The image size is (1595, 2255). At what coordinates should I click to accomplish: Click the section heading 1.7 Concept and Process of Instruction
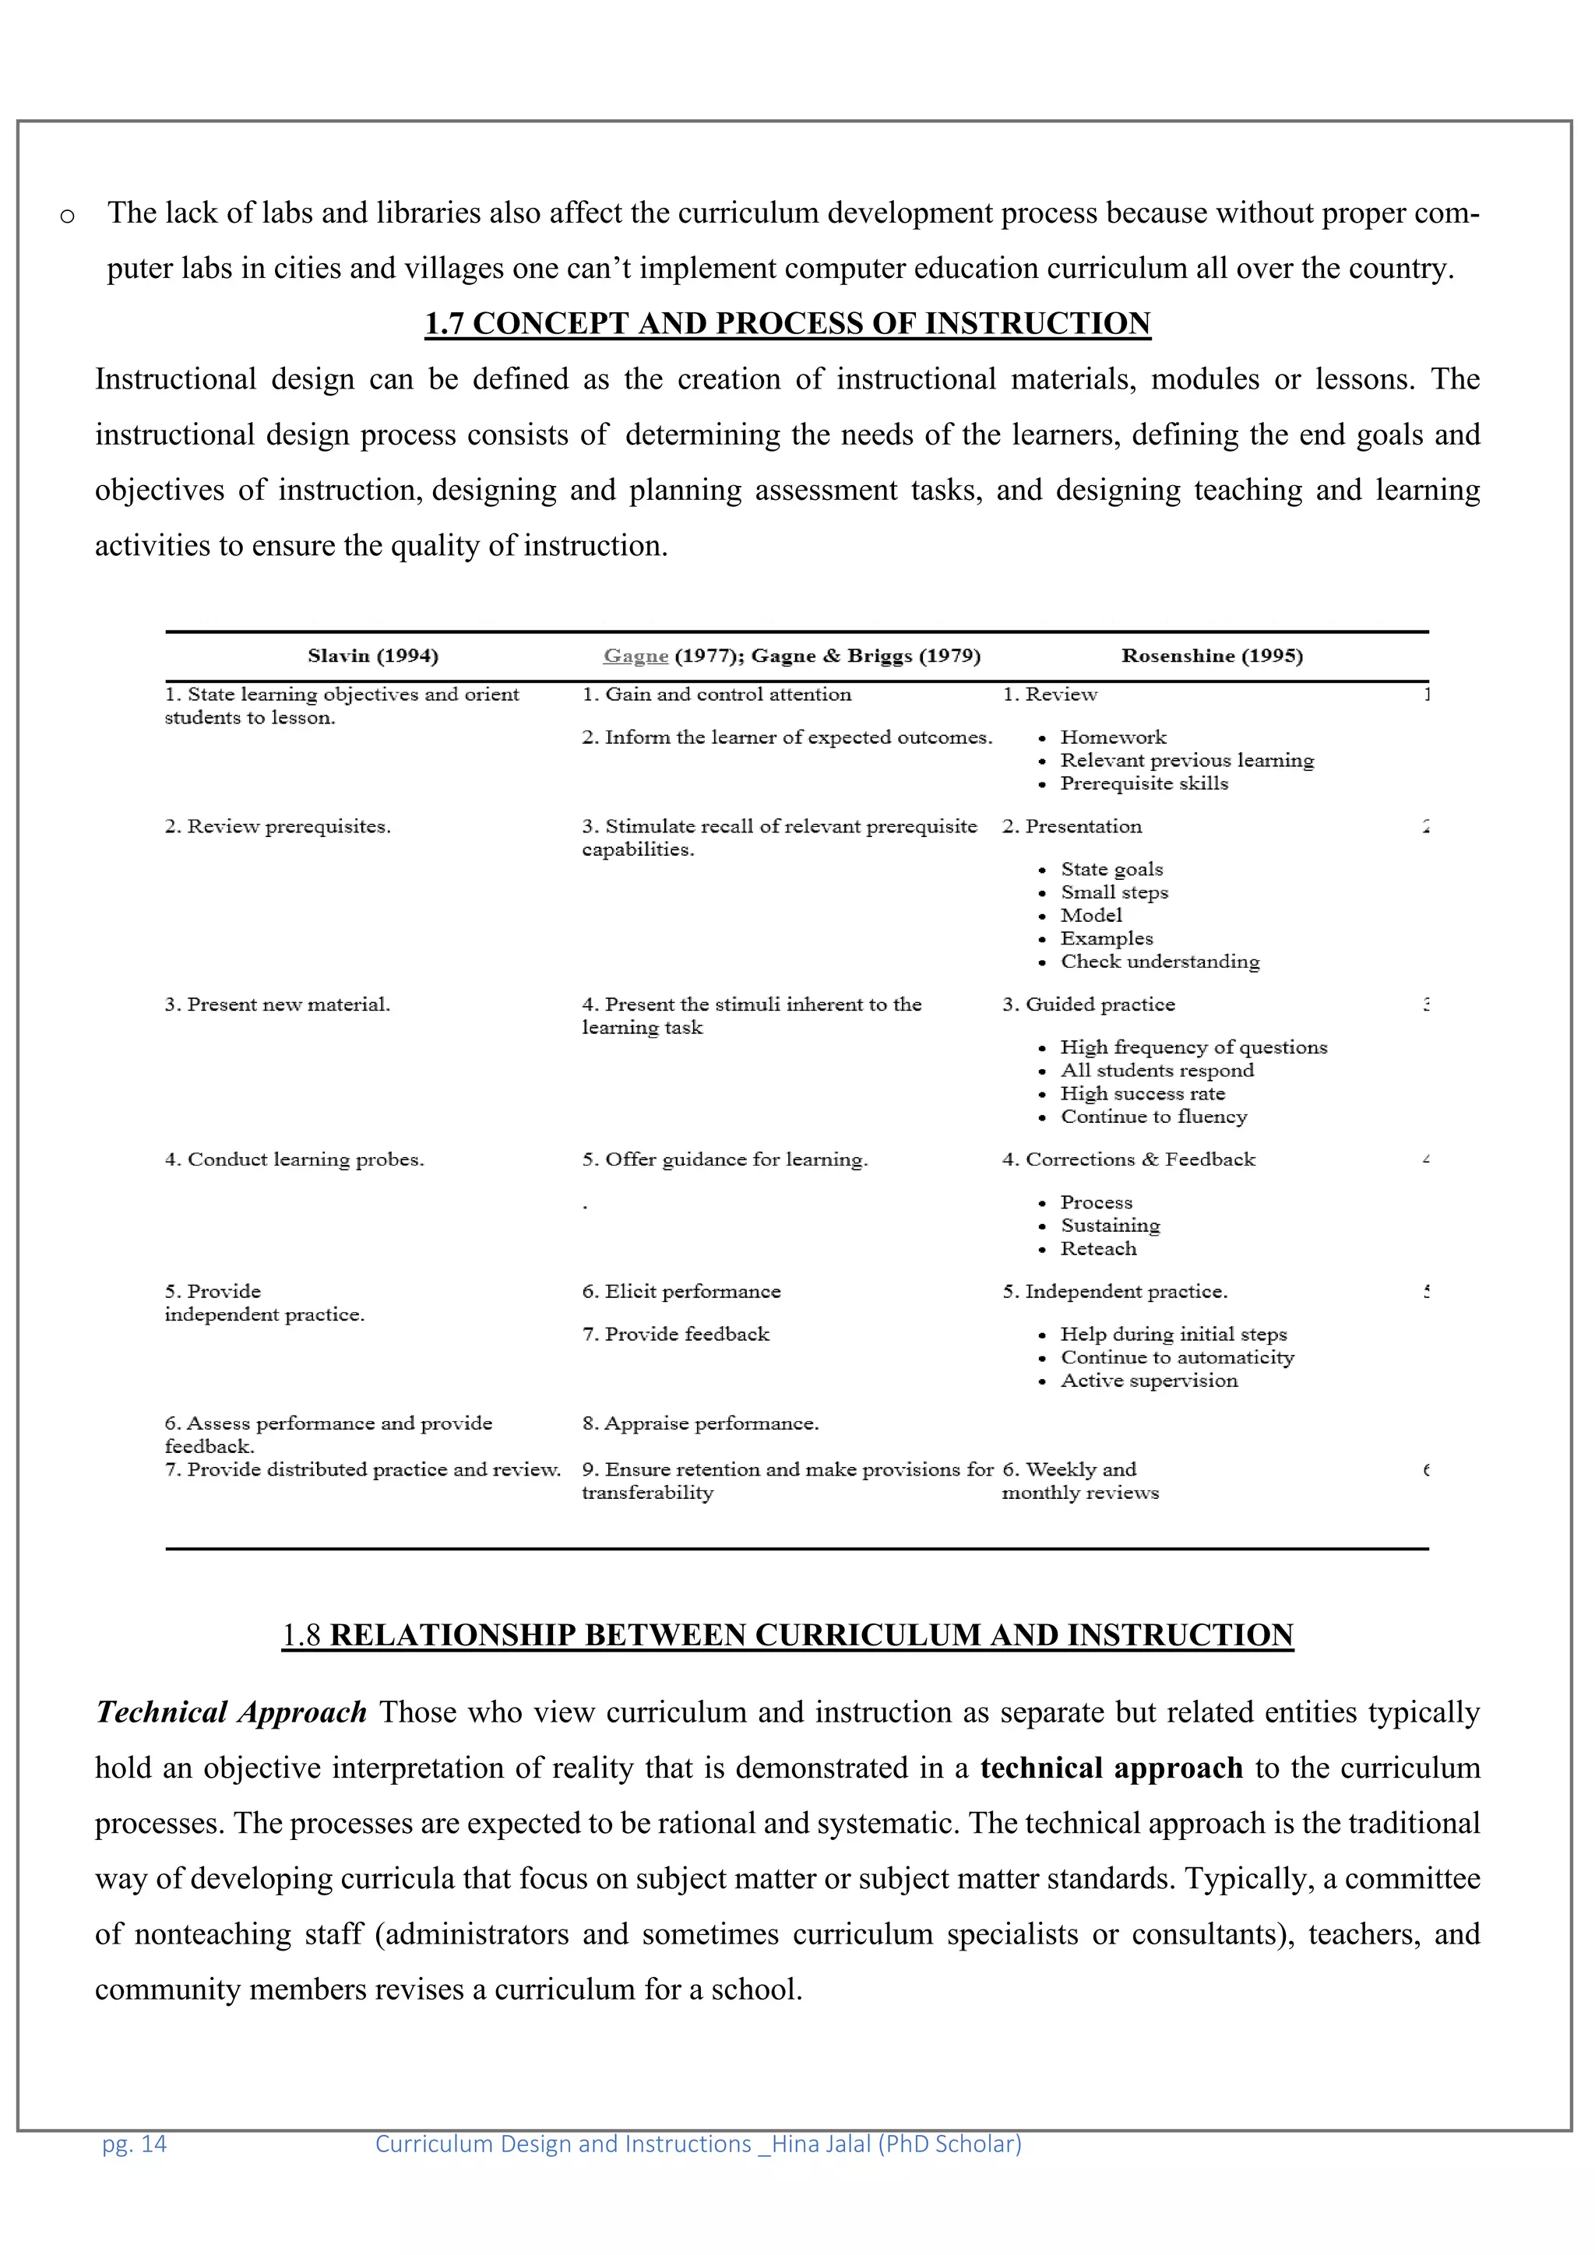pos(787,324)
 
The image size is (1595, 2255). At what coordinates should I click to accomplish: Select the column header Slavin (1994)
pos(372,656)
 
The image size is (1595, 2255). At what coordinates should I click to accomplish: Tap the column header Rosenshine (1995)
pos(1212,656)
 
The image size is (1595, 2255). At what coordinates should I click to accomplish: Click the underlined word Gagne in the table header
pos(636,656)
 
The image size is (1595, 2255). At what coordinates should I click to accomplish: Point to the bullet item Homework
pos(1113,737)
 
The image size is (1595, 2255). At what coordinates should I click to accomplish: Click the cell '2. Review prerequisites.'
pos(277,827)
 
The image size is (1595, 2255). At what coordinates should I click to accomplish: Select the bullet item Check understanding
pos(1159,962)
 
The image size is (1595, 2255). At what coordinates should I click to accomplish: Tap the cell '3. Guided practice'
pos(1087,1004)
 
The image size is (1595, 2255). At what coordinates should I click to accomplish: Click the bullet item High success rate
pos(1143,1094)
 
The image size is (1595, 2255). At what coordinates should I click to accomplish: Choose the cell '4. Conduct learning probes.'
pos(294,1160)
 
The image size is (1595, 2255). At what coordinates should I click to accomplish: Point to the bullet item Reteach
pos(1098,1249)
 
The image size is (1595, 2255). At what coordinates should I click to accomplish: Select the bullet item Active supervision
pos(1148,1381)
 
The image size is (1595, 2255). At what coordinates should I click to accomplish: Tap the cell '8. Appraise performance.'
pos(699,1424)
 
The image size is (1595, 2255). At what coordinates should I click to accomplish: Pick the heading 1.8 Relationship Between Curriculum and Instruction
pos(787,1635)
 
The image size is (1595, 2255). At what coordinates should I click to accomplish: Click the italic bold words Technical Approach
pos(231,1713)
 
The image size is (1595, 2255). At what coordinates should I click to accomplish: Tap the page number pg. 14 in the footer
pos(135,2144)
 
